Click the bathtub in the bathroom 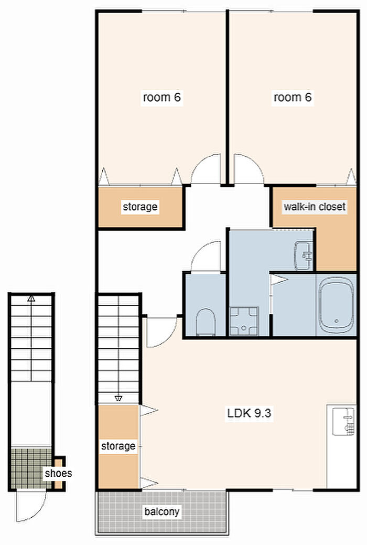[336, 305]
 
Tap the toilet [206, 322]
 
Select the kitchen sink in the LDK [343, 422]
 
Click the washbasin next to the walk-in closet [304, 255]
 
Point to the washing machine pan [244, 321]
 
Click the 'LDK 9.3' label [249, 413]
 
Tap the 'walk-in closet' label [315, 207]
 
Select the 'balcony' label [161, 511]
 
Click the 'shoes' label [58, 473]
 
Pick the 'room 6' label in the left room [161, 97]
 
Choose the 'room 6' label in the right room [292, 97]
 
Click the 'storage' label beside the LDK [118, 446]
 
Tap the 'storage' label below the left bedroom [139, 207]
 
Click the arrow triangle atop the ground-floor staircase [31, 298]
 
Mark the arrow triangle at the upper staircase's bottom [118, 398]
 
